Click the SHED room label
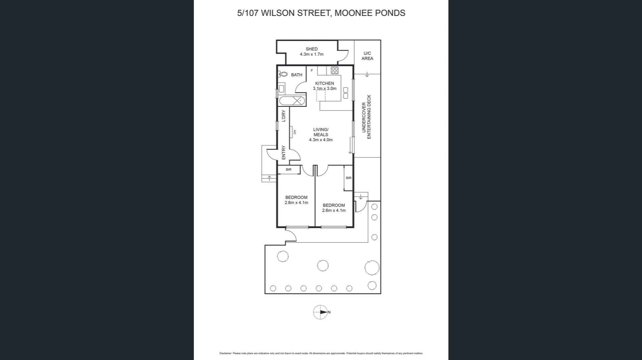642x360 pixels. [311, 49]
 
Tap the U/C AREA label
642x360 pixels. [367, 56]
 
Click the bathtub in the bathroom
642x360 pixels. [292, 101]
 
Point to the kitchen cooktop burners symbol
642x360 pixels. [334, 71]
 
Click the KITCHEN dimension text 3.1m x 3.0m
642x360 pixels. [325, 89]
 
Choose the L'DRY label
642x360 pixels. [284, 116]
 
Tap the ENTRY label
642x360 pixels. [284, 152]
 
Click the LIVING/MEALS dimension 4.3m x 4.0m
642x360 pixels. [321, 140]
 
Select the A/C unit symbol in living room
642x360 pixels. [291, 132]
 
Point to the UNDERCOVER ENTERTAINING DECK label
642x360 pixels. [366, 117]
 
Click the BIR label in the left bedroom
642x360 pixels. [289, 170]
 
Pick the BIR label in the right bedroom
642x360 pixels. [348, 178]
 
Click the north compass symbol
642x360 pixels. [321, 312]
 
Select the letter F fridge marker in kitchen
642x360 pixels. [312, 71]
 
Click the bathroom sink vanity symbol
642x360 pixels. [282, 89]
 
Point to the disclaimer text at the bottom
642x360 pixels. [321, 353]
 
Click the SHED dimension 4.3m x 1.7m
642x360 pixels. [311, 54]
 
